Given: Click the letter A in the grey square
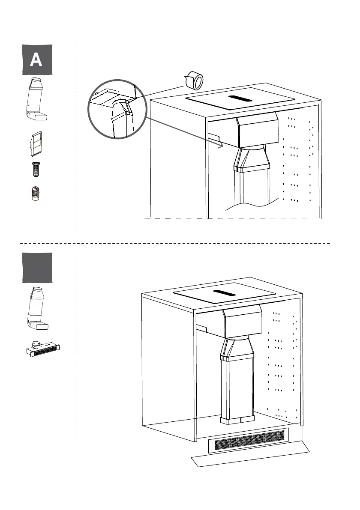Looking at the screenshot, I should coord(36,60).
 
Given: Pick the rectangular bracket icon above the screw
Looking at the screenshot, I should coord(36,143).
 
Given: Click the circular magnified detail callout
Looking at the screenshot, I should coord(114,109).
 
